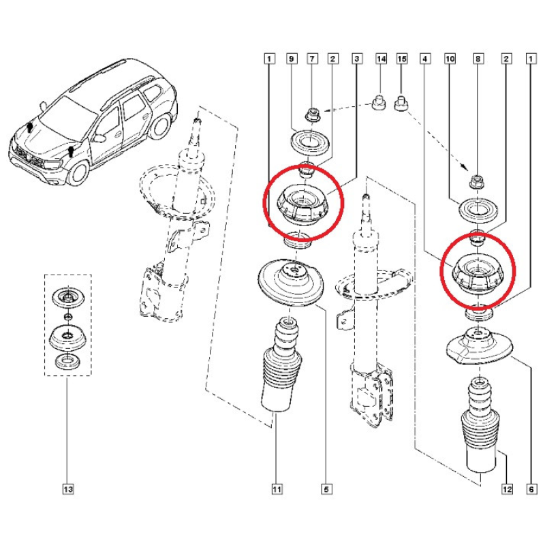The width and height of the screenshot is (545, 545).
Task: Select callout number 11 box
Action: click(276, 488)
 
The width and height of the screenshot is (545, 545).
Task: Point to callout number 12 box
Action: click(505, 488)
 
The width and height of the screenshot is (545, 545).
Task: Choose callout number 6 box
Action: click(530, 488)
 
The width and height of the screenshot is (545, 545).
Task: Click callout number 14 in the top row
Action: click(381, 60)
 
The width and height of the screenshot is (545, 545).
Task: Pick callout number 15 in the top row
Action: click(401, 60)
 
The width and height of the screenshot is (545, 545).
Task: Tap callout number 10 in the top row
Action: click(450, 60)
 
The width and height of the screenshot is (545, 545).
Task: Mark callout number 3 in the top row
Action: click(356, 60)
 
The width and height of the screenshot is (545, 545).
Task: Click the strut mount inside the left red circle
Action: click(302, 206)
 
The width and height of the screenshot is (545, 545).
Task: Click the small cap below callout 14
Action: click(375, 104)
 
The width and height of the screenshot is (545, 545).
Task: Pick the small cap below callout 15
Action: click(401, 104)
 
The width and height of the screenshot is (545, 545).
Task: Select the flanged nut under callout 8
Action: click(477, 181)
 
